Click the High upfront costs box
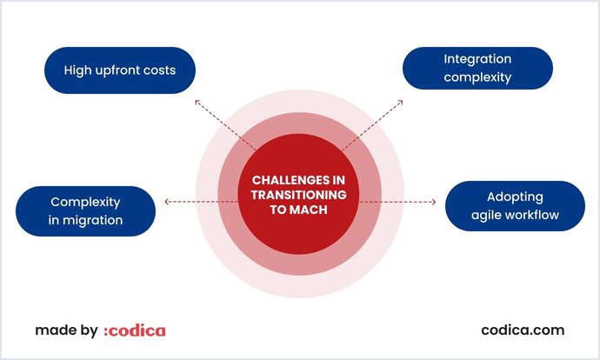[x=120, y=70]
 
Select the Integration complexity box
[x=477, y=69]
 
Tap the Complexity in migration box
[x=85, y=211]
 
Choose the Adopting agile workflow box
[x=515, y=206]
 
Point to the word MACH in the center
[x=311, y=211]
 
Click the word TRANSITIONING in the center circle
[x=298, y=196]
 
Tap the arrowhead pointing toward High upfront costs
[x=197, y=102]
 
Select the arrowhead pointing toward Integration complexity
[x=401, y=102]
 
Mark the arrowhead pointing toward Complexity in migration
[x=166, y=202]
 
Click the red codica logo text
[x=137, y=330]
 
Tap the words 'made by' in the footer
[x=66, y=330]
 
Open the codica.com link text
[x=523, y=330]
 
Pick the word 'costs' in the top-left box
[x=157, y=70]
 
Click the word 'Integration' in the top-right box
[x=477, y=59]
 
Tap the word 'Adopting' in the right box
[x=515, y=197]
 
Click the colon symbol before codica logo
[x=106, y=331]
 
